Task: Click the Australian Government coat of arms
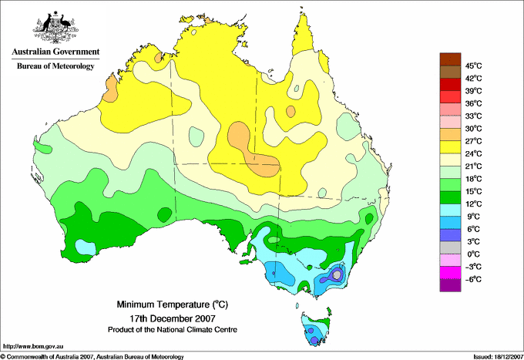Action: tap(55, 27)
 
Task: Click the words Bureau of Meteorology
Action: tap(55, 66)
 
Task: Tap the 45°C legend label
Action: tap(473, 66)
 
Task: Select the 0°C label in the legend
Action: tap(473, 254)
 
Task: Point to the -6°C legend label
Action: tap(473, 279)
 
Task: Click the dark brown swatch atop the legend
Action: tap(450, 59)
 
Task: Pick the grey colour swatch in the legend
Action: tap(450, 247)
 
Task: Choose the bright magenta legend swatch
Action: tap(450, 273)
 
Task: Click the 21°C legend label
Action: tap(473, 167)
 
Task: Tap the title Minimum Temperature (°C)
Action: tap(173, 304)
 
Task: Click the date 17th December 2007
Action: tap(173, 318)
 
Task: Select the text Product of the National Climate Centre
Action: tap(173, 330)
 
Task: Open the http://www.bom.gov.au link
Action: tap(32, 347)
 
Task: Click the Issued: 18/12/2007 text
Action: tap(498, 357)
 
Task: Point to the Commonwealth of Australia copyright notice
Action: tap(92, 357)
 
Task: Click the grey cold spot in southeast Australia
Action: tap(337, 274)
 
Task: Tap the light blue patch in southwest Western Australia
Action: tap(86, 247)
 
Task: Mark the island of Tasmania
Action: tap(315, 328)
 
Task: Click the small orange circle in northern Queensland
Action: tap(291, 111)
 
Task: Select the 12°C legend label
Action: tap(473, 204)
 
